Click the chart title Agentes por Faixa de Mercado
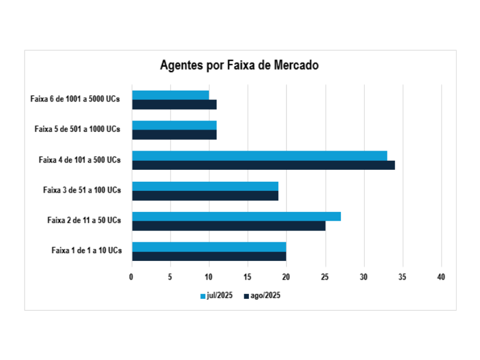point(239,65)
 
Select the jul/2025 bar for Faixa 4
point(259,155)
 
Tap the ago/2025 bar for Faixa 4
point(263,165)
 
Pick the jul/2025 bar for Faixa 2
point(236,216)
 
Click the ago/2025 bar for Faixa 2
point(229,226)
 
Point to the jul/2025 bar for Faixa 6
point(170,95)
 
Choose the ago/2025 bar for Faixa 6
point(174,104)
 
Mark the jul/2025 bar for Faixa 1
point(209,247)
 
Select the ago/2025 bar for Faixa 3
point(205,196)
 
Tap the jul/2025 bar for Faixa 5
point(174,125)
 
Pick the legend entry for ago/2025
point(262,295)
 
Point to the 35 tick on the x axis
point(403,277)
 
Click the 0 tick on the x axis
point(132,277)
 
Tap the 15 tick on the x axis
point(248,277)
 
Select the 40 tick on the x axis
point(442,277)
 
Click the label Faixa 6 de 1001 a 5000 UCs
point(75,99)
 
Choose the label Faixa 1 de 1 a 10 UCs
point(86,251)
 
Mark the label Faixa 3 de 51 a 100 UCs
point(82,190)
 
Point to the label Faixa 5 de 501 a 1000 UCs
point(77,129)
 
